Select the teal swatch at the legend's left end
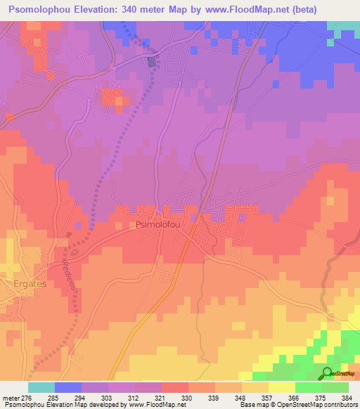[41, 387]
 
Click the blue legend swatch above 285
[67, 387]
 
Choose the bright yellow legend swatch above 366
[281, 387]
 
